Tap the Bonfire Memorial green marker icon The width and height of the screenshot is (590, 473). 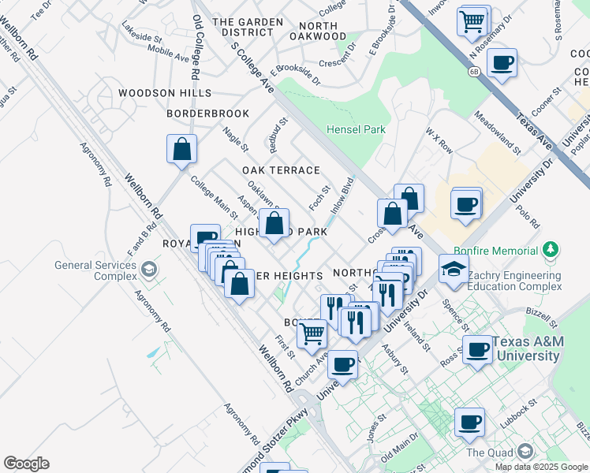click(x=551, y=251)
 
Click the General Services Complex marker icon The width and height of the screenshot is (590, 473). click(x=147, y=270)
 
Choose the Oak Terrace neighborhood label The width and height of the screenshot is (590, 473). click(x=281, y=170)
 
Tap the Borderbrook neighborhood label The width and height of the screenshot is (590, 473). click(x=207, y=114)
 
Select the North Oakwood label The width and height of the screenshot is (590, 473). click(x=313, y=31)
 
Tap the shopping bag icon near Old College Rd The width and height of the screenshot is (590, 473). click(x=181, y=149)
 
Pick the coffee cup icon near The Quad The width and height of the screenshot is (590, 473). click(x=470, y=423)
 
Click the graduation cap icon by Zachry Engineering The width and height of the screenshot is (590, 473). click(x=454, y=269)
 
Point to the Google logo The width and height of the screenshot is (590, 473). click(x=26, y=464)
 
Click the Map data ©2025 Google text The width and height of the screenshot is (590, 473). click(x=542, y=467)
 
